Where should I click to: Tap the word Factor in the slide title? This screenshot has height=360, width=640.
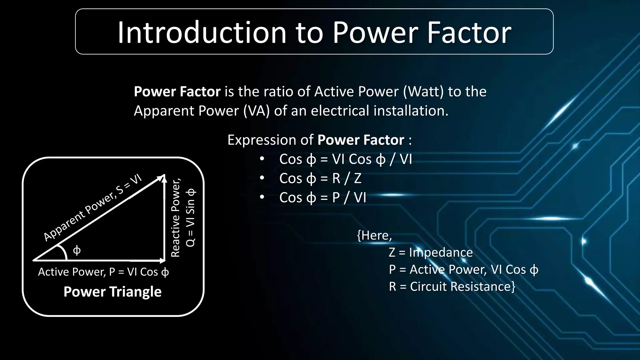coord(469,32)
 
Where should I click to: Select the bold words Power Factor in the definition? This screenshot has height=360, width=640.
coord(177,92)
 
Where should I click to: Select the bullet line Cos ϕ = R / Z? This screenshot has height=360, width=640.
coord(320,178)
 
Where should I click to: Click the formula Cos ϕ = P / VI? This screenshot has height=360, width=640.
coord(322,198)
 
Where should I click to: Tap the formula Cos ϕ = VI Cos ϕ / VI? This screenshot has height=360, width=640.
coord(345,159)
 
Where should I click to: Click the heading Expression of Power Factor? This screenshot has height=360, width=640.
coord(319,140)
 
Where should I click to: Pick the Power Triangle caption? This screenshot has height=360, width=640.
coord(112,292)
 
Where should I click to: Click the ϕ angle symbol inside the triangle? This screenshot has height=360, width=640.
coord(77,250)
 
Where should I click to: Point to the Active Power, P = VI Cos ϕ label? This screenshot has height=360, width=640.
coord(103,272)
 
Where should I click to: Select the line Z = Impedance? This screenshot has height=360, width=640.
coord(431,252)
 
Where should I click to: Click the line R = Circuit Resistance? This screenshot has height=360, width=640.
coord(452,287)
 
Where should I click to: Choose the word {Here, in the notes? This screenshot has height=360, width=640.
coord(374,235)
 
